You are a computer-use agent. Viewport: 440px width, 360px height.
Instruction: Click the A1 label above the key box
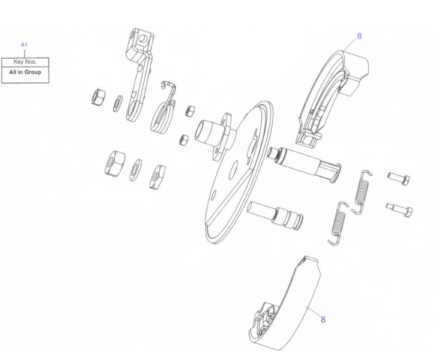pos(24,45)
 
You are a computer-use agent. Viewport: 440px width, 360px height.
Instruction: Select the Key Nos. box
pos(25,61)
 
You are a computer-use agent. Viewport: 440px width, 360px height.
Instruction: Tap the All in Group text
pos(25,72)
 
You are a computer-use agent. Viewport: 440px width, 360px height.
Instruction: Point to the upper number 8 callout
pos(359,36)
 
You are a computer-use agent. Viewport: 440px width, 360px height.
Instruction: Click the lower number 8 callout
pos(323,319)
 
